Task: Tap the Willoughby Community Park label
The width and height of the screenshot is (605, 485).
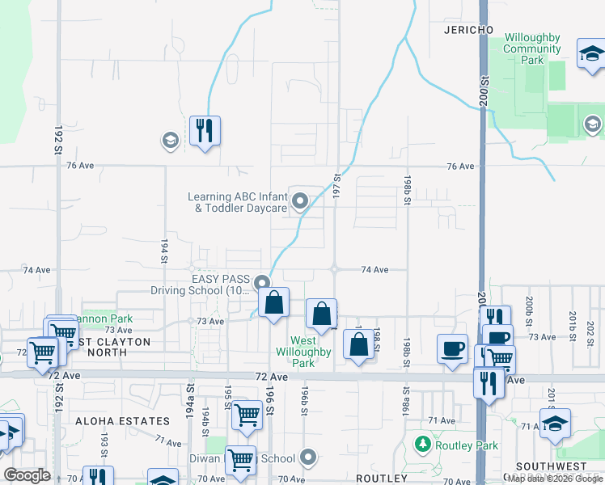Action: [x=531, y=48]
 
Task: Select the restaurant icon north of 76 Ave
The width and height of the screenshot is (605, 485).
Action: [x=205, y=130]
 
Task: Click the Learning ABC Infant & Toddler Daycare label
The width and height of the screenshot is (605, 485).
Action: [x=237, y=202]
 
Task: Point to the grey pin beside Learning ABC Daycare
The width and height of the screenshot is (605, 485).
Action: [x=300, y=200]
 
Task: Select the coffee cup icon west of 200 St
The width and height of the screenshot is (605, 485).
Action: [x=453, y=348]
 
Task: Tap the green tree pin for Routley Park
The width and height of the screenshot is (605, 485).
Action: [x=421, y=444]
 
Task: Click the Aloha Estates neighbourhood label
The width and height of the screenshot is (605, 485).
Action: [x=122, y=421]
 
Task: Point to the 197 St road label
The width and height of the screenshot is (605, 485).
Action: [x=336, y=181]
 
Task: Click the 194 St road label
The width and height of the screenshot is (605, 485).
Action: [x=163, y=251]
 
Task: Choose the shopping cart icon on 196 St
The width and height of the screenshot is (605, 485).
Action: [x=247, y=415]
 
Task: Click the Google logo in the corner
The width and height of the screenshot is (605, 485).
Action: [x=27, y=474]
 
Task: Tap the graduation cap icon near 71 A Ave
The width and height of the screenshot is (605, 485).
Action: [x=555, y=424]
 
